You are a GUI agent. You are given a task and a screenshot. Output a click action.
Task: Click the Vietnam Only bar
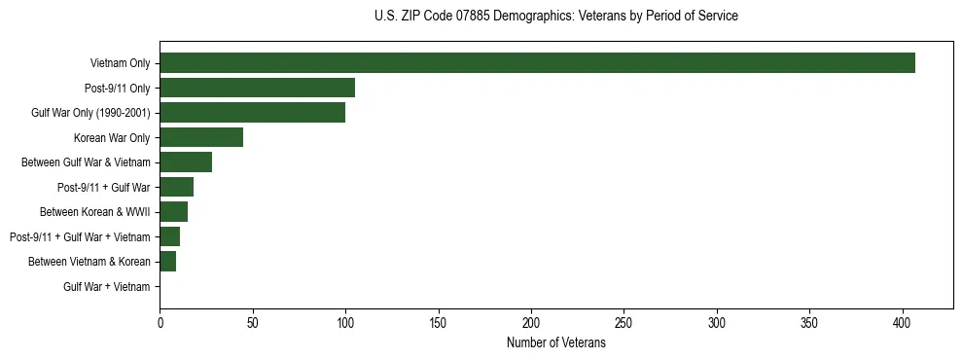(x=537, y=63)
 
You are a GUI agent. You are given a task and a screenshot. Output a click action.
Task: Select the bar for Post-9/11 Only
(x=257, y=88)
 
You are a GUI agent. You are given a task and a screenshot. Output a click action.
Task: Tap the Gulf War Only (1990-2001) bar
(x=252, y=113)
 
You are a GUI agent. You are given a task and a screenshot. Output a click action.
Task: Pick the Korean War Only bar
(x=201, y=137)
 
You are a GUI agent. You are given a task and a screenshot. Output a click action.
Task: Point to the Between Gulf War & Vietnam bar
(x=186, y=162)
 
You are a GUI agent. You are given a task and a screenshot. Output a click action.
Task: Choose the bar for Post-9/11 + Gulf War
(x=176, y=187)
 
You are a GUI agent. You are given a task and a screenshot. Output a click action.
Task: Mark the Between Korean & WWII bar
(x=173, y=212)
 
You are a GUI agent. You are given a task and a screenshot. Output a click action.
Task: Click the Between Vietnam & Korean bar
(x=167, y=262)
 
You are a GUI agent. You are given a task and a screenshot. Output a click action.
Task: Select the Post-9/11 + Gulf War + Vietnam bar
(x=169, y=236)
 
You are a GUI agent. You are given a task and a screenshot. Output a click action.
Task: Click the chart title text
(x=555, y=17)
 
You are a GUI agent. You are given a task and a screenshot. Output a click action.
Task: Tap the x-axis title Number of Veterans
(x=555, y=343)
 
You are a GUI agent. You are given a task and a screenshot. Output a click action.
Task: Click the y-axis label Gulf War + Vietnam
(x=107, y=287)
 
